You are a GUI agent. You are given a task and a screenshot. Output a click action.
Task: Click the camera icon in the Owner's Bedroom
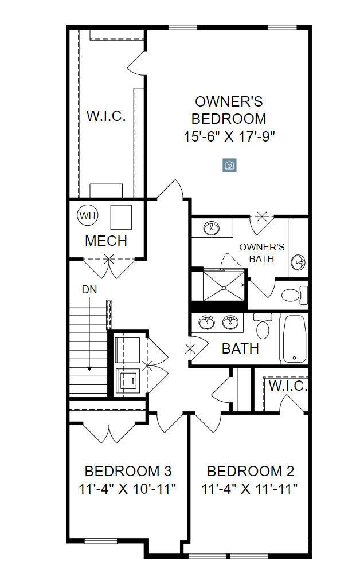[x=229, y=166]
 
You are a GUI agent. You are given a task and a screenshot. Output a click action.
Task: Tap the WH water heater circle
[x=88, y=215]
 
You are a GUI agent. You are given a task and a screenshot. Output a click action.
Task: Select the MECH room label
[x=106, y=241]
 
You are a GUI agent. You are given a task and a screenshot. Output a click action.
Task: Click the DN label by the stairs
[x=89, y=289]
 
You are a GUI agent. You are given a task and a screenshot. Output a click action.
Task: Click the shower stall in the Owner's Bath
[x=218, y=285]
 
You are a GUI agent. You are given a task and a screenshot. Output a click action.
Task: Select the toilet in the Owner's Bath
[x=294, y=296]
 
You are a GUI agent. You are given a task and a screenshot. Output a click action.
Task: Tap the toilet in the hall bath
[x=263, y=329]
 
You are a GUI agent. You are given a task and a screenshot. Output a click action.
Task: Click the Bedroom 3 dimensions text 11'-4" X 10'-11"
[x=128, y=489]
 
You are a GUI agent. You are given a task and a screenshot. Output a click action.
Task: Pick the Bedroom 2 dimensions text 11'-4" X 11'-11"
[x=251, y=489]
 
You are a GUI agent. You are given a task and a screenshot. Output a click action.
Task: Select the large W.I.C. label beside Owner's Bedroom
[x=106, y=116]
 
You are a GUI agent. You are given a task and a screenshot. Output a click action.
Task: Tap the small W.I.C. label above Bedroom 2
[x=288, y=386]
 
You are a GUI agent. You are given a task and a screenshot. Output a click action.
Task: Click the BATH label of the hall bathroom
[x=240, y=348]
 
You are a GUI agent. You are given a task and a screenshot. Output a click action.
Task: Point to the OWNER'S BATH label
[x=261, y=253]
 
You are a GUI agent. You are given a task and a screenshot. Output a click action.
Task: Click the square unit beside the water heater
[x=121, y=217]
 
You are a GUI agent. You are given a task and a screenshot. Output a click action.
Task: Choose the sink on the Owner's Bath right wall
[x=298, y=263]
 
